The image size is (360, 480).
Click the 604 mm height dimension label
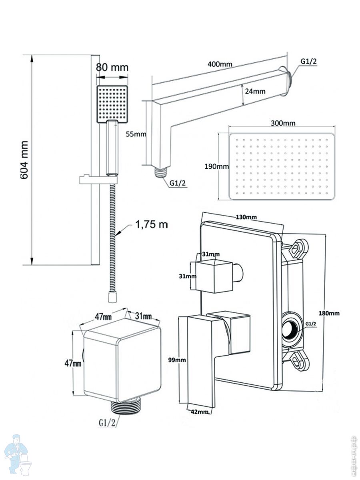(24, 160)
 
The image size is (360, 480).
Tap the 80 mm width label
(112, 67)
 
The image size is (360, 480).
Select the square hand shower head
(112, 103)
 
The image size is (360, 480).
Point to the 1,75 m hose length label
(151, 224)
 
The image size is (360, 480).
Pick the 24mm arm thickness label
(255, 91)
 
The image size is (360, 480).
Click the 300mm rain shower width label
(283, 123)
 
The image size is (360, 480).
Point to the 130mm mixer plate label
(246, 217)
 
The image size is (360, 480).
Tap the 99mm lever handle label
(177, 360)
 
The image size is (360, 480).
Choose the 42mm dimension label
(199, 412)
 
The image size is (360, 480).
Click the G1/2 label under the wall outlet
(107, 422)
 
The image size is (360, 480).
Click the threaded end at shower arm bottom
(160, 171)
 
